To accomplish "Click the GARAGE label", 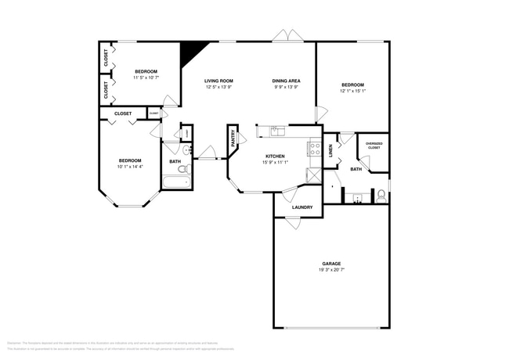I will (x=331, y=263).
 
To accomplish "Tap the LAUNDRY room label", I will (x=302, y=207).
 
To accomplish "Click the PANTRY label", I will (x=233, y=139).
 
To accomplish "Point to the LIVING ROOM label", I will (x=219, y=81).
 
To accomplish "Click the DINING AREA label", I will (x=287, y=81).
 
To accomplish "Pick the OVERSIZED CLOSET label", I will (x=374, y=146).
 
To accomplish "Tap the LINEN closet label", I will (x=330, y=152).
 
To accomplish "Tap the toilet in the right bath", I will (x=381, y=194).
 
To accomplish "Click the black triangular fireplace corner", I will (x=189, y=53).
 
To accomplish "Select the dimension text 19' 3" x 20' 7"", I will (x=331, y=270).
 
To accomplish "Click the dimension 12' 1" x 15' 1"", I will (x=353, y=90).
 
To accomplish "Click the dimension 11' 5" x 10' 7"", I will (x=146, y=77).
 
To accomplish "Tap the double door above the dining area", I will (x=286, y=36).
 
